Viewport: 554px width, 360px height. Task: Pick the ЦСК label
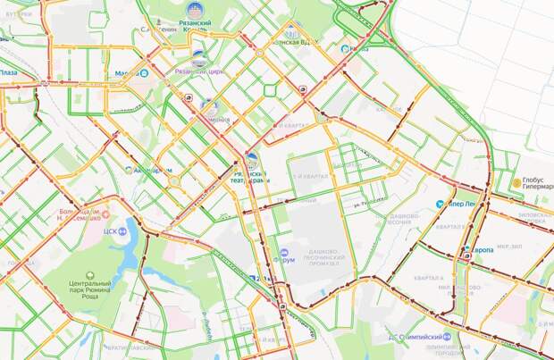pyautogui.click(x=111, y=231)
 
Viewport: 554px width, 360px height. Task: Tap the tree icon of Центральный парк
pyautogui.click(x=89, y=276)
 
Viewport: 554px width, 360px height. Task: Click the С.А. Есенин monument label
pyautogui.click(x=156, y=29)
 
